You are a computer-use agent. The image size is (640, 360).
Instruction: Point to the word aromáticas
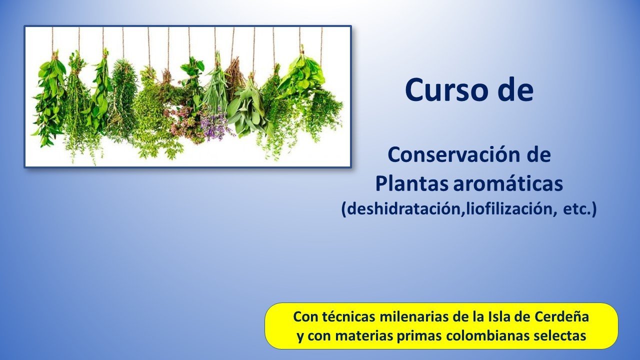pyautogui.click(x=508, y=184)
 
